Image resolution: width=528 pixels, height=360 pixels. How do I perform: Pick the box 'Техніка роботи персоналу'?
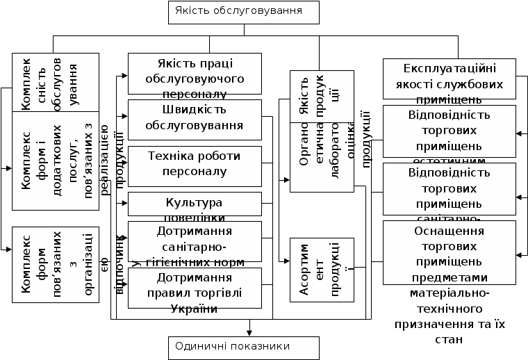coord(195,165)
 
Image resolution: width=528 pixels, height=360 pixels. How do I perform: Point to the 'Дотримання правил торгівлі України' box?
coord(195,287)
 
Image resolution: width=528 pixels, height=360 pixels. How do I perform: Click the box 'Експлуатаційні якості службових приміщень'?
coord(449,79)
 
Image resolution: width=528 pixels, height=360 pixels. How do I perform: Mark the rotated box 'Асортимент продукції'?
coord(322,270)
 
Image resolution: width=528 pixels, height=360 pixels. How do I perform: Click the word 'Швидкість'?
coord(195,111)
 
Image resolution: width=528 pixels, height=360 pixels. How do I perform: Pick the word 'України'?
coord(195,309)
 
